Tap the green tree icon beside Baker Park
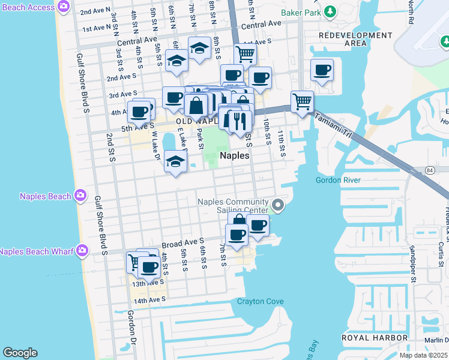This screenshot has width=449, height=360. [330, 11]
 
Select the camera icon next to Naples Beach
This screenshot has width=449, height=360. [80, 196]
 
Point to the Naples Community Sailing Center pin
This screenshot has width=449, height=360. [277, 206]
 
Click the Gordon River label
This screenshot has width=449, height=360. [339, 180]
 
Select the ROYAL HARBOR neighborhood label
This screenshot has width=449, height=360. [375, 338]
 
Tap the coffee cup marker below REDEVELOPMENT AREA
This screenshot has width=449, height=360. [322, 70]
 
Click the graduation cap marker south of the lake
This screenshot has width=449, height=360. [175, 162]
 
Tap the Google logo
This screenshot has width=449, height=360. [20, 352]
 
